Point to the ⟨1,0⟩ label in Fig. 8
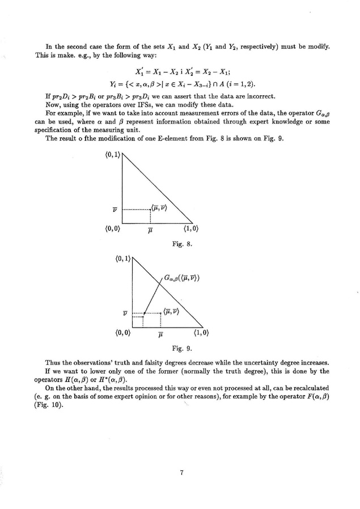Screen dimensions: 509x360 coord(190,230)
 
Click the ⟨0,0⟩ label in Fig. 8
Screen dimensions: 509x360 coord(113,230)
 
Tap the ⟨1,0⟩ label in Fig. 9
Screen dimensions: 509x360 coord(201,333)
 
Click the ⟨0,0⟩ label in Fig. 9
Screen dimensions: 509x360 coord(123,333)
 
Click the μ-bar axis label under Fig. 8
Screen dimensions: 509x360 coord(150,231)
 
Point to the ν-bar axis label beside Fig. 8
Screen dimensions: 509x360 coord(115,210)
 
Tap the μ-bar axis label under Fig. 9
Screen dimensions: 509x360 coord(161,334)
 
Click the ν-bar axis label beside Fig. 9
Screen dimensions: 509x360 coord(125,312)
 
